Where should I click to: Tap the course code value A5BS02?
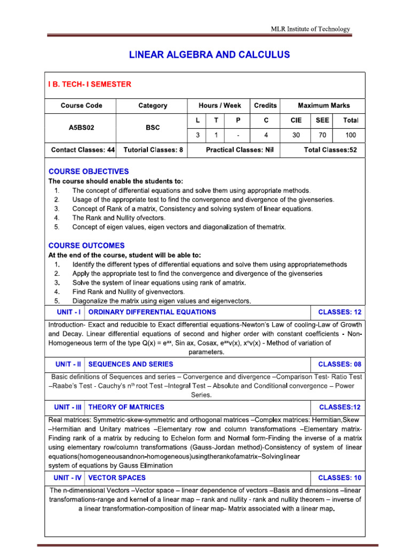click(x=81, y=128)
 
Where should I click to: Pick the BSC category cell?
click(x=152, y=128)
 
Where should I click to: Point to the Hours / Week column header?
click(x=219, y=106)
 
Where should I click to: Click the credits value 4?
click(x=265, y=135)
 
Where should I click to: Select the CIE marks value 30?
click(x=296, y=135)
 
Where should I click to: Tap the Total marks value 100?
click(x=350, y=135)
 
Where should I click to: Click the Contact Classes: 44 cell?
click(x=83, y=151)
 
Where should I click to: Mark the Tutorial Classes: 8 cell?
click(x=153, y=151)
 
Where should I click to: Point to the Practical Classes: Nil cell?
click(x=240, y=151)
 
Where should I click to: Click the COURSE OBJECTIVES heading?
click(x=89, y=171)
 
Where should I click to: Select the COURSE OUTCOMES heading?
click(x=86, y=246)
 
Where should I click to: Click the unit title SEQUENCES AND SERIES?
click(x=131, y=364)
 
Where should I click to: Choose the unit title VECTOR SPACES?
click(x=117, y=478)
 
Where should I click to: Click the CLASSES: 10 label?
click(x=340, y=478)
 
